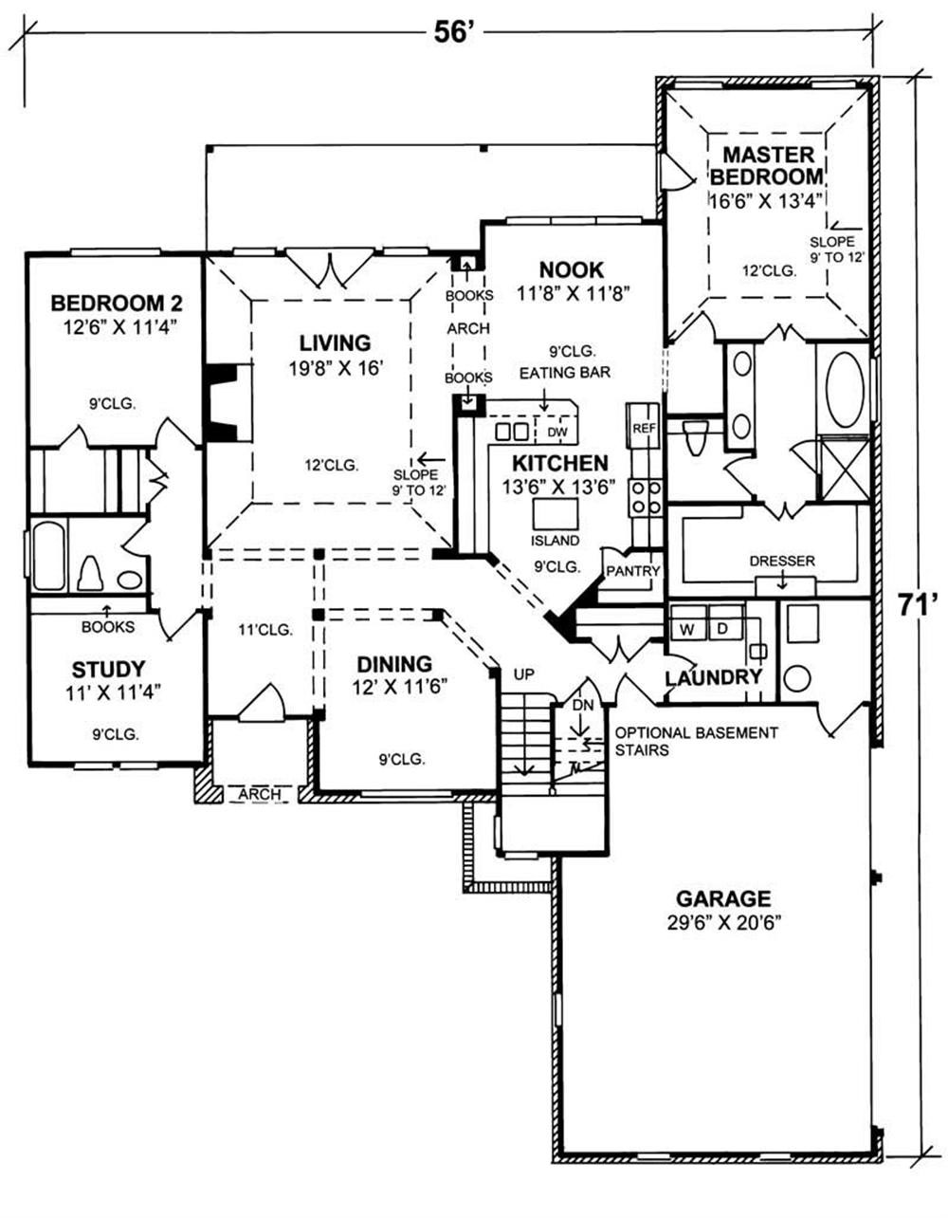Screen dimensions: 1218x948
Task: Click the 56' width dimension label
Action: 453,32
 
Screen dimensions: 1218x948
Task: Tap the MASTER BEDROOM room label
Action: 768,165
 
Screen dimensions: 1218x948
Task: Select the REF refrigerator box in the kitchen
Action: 644,428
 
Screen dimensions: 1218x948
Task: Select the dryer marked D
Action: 721,628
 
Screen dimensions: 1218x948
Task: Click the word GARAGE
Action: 722,898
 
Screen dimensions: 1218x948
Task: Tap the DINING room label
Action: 394,664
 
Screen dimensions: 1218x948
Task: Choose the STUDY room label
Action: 108,669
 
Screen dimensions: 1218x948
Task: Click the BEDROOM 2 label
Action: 116,304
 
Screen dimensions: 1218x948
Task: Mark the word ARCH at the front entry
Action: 259,794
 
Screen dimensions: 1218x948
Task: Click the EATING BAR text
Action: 564,373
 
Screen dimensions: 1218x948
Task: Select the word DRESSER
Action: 781,562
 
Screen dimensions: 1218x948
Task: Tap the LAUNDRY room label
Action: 714,677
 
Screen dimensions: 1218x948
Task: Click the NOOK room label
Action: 572,270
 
